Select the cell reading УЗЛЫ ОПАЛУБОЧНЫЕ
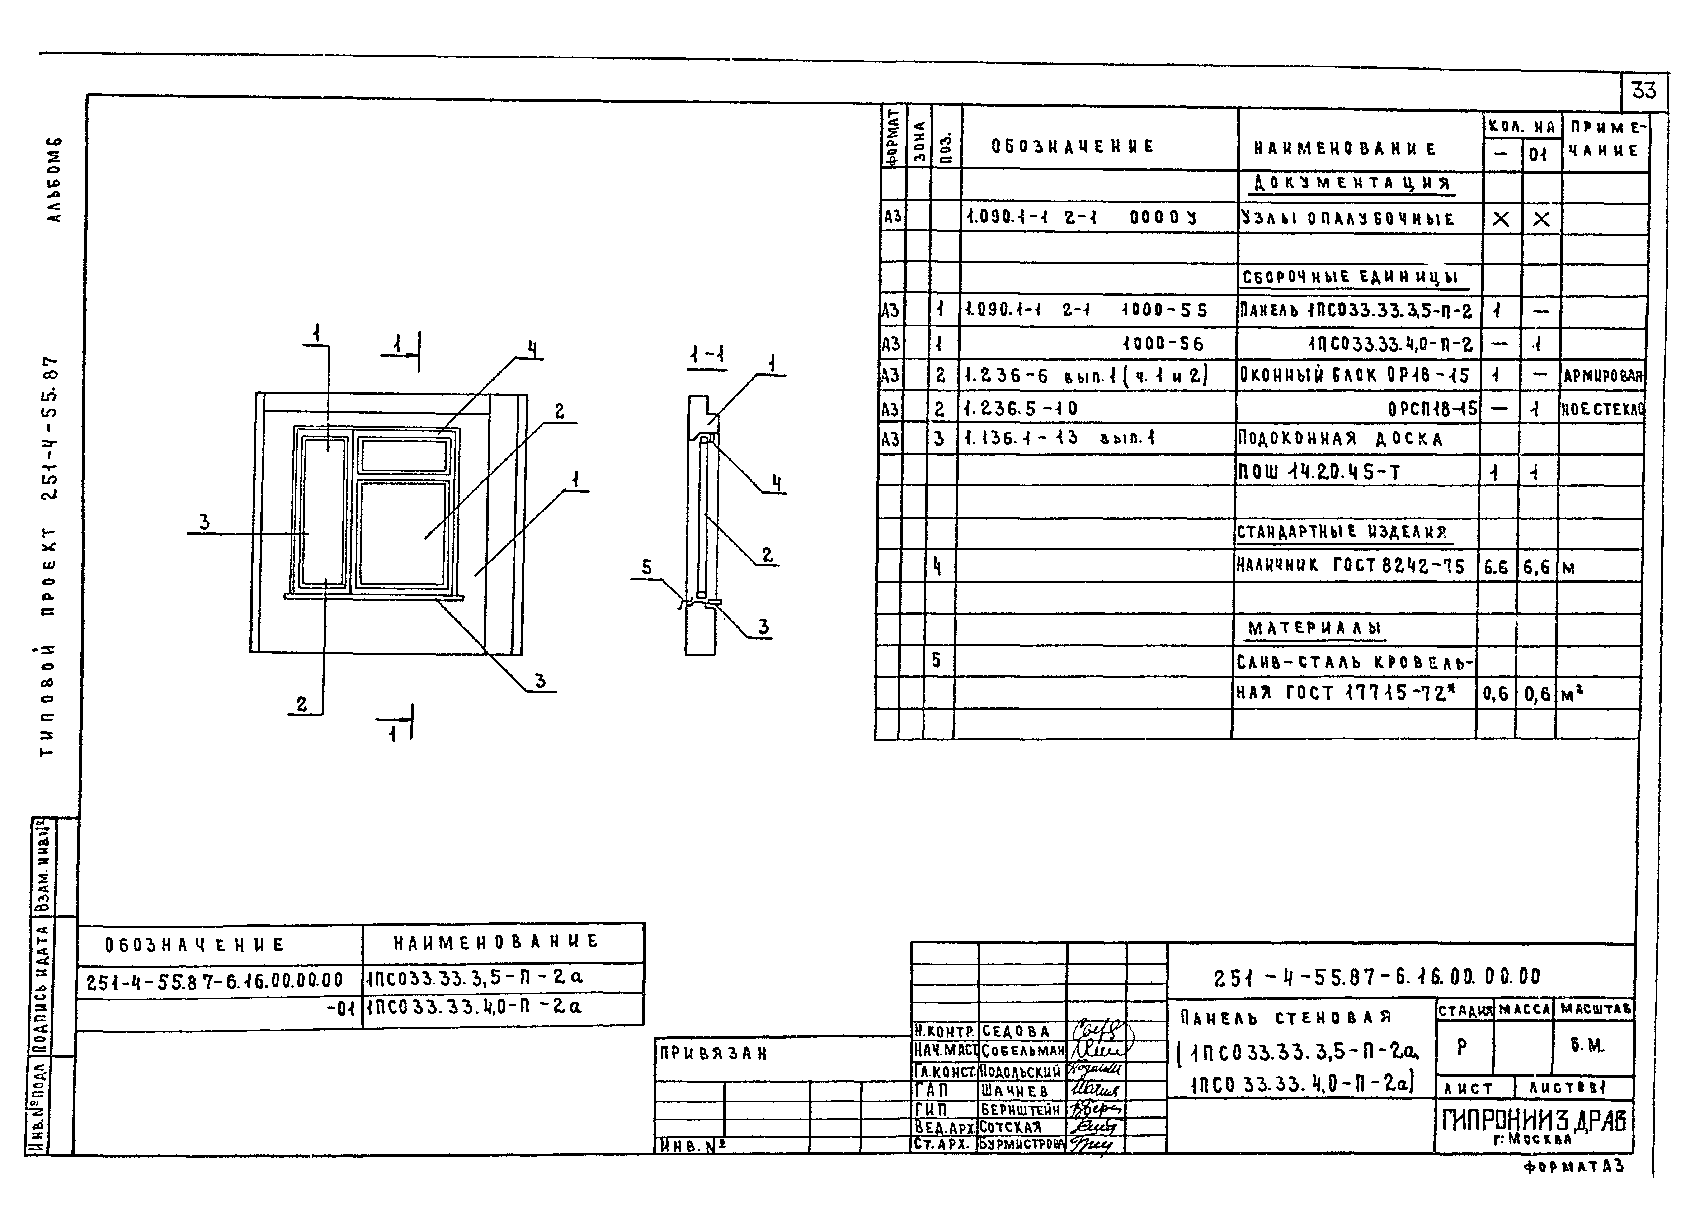1347,219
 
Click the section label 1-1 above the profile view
707,356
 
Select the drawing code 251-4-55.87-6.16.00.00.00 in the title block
1377,976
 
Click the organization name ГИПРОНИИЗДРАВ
1534,1119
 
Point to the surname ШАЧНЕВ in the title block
1015,1091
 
